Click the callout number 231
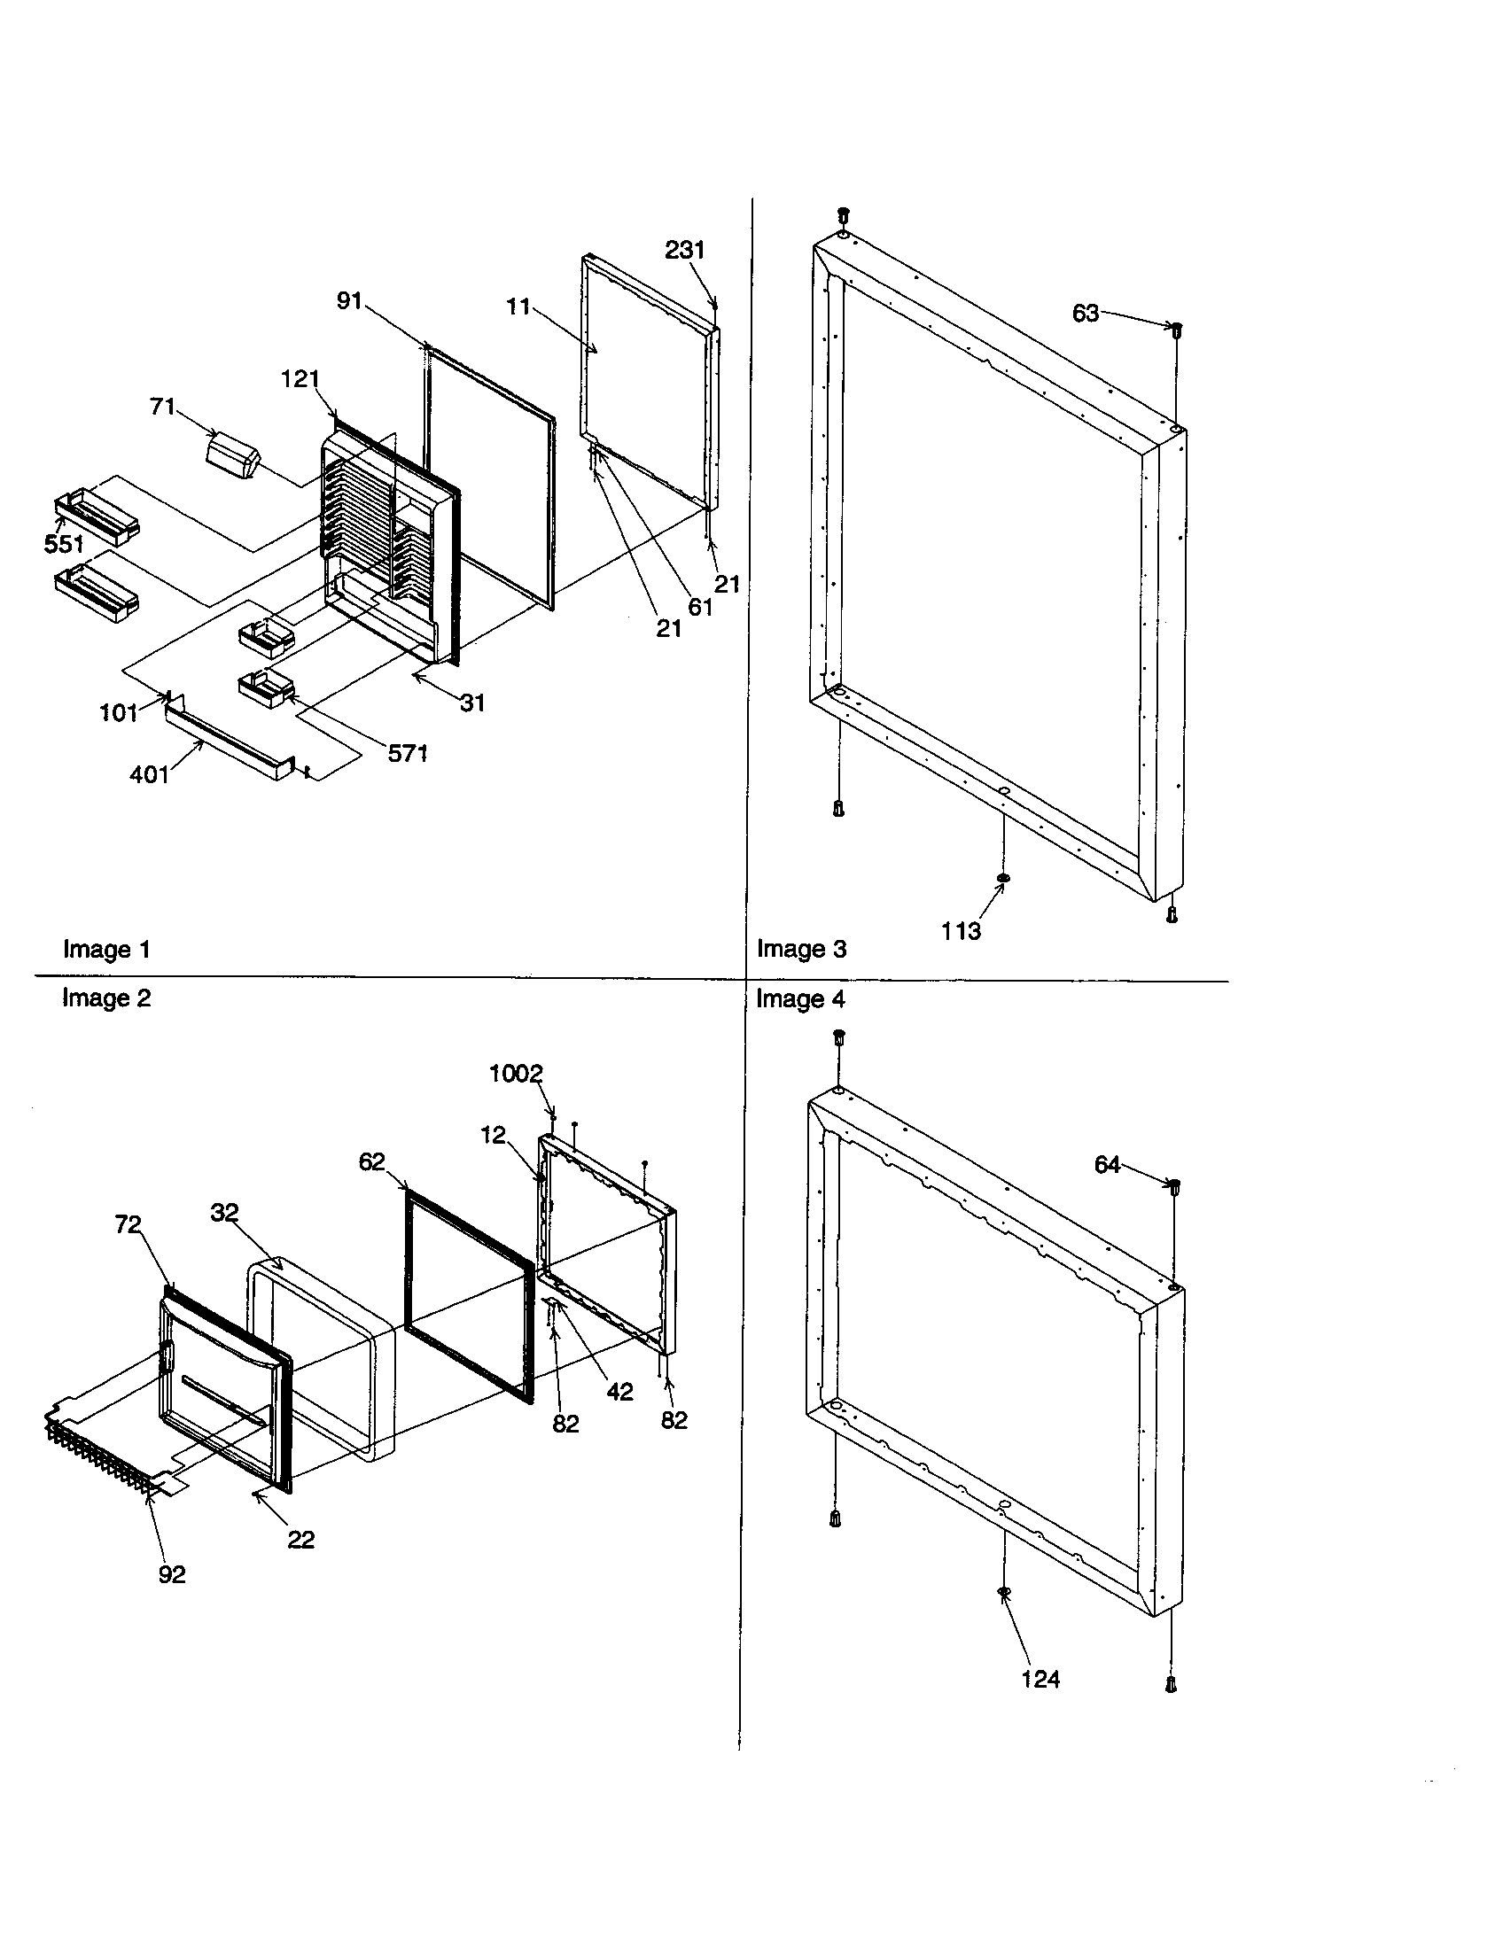pos(684,251)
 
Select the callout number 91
pos(349,301)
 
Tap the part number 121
pos(300,379)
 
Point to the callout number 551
pos(65,544)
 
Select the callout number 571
pos(408,754)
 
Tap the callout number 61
pos(700,607)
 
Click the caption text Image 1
pos(106,950)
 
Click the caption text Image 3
pos(801,949)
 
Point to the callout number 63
pos(1086,314)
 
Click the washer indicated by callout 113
pos(1002,879)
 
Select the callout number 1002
pos(516,1074)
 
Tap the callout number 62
pos(371,1162)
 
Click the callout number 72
pos(128,1225)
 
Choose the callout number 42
pos(619,1392)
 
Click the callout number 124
pos(1040,1681)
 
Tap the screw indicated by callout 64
pos(1174,1186)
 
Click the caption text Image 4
pos(799,999)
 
